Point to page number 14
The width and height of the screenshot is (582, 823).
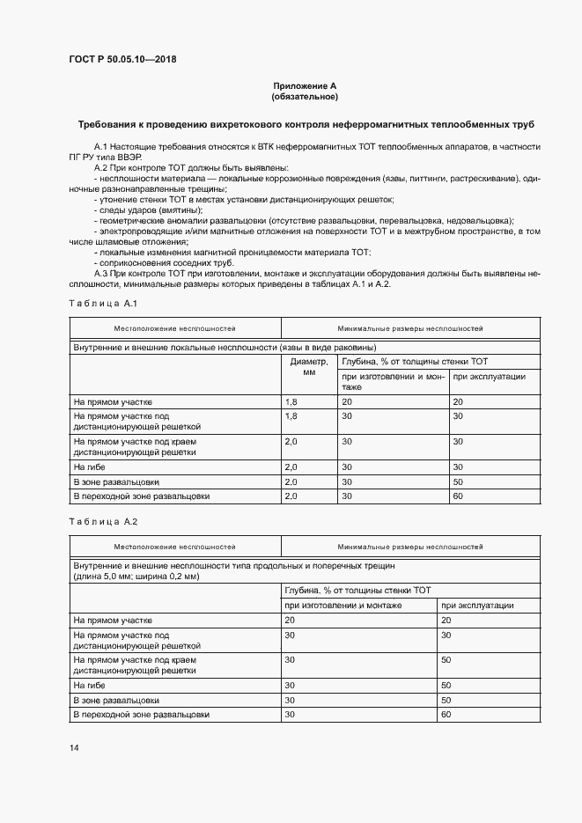[x=74, y=747]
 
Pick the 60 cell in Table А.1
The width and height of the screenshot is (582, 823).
[x=457, y=496]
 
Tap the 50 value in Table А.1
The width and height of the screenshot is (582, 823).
[x=457, y=481]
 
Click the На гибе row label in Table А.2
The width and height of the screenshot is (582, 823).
[x=90, y=684]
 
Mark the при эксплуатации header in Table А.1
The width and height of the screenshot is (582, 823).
[x=489, y=376]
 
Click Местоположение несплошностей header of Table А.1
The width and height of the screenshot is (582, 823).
[x=174, y=327]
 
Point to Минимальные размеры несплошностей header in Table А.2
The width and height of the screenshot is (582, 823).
[x=409, y=546]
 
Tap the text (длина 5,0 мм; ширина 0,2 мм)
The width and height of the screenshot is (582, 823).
[x=136, y=576]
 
